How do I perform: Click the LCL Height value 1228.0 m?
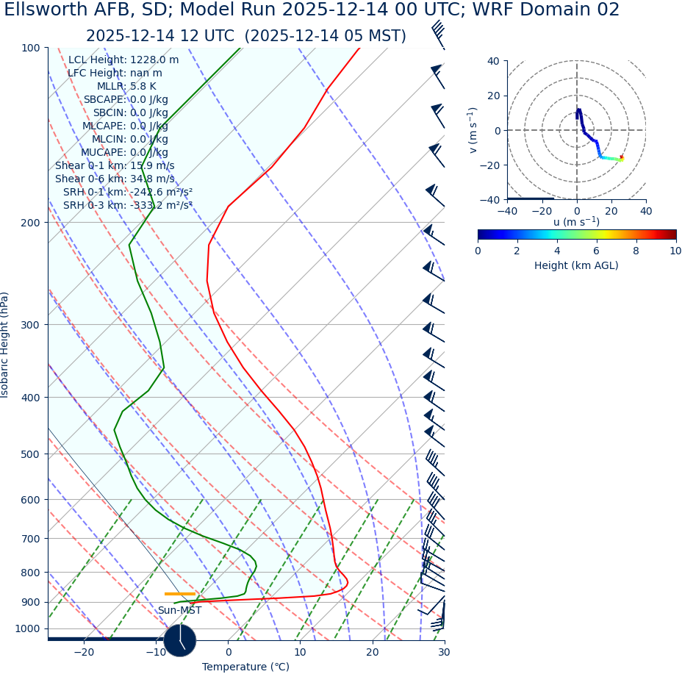coord(154,60)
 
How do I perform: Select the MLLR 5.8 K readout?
coord(126,87)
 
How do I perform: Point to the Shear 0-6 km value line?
coord(115,179)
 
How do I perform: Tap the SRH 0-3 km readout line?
coord(127,205)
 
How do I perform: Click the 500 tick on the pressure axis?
coord(30,454)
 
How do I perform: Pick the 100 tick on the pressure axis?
coord(30,48)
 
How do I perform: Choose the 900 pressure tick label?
coord(30,602)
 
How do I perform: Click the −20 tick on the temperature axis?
coord(84,652)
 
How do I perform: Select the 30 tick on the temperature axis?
coord(444,652)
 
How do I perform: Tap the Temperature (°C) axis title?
coord(245,667)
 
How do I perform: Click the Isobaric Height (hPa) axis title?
coord(5,345)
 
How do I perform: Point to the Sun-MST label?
coord(179,610)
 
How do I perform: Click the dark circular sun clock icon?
coord(180,639)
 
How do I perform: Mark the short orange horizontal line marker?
coord(180,593)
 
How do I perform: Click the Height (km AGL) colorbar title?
coord(576,265)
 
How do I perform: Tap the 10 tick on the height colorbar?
coord(675,251)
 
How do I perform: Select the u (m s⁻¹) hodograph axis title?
coord(576,222)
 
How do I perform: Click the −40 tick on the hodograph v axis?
coord(492,199)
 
